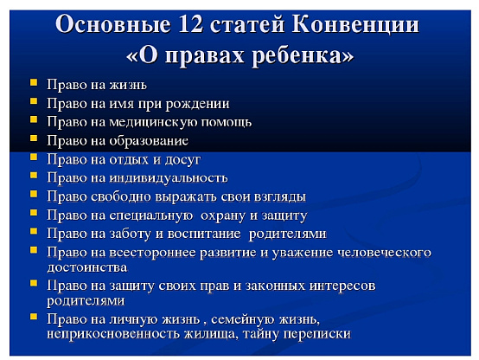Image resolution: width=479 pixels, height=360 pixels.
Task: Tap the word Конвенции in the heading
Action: [x=355, y=25]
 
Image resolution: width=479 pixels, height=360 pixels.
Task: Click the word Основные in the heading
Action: [x=112, y=24]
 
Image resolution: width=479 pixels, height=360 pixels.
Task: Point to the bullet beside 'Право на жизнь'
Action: [x=34, y=82]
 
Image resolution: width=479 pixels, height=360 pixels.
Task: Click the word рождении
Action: [x=197, y=104]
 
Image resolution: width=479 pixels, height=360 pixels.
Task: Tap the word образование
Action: [x=149, y=141]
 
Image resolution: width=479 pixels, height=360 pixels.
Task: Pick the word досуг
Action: [x=182, y=160]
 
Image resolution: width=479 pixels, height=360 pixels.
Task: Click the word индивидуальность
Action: [x=169, y=178]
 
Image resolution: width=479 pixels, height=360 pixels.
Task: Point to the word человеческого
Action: [x=384, y=253]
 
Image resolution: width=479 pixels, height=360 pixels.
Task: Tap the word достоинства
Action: [x=87, y=267]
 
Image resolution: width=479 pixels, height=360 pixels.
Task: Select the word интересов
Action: [x=342, y=286]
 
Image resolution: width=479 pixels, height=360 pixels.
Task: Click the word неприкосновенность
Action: [x=113, y=333]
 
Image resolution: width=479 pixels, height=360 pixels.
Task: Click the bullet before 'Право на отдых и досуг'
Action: [x=34, y=157]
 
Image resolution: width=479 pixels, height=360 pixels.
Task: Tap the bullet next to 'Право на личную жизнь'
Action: [x=34, y=316]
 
